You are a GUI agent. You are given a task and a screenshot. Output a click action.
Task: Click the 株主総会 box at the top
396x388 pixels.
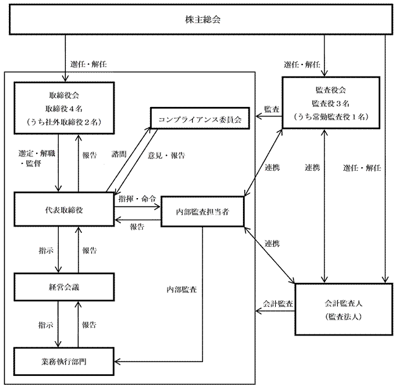(197, 19)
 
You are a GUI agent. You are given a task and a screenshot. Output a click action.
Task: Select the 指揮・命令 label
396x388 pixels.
(137, 199)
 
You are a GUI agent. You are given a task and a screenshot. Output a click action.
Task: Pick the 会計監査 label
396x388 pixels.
(278, 304)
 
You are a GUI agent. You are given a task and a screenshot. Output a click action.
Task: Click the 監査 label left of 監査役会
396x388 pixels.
(271, 110)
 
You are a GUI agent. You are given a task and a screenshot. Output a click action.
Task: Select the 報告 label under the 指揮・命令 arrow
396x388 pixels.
(137, 226)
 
